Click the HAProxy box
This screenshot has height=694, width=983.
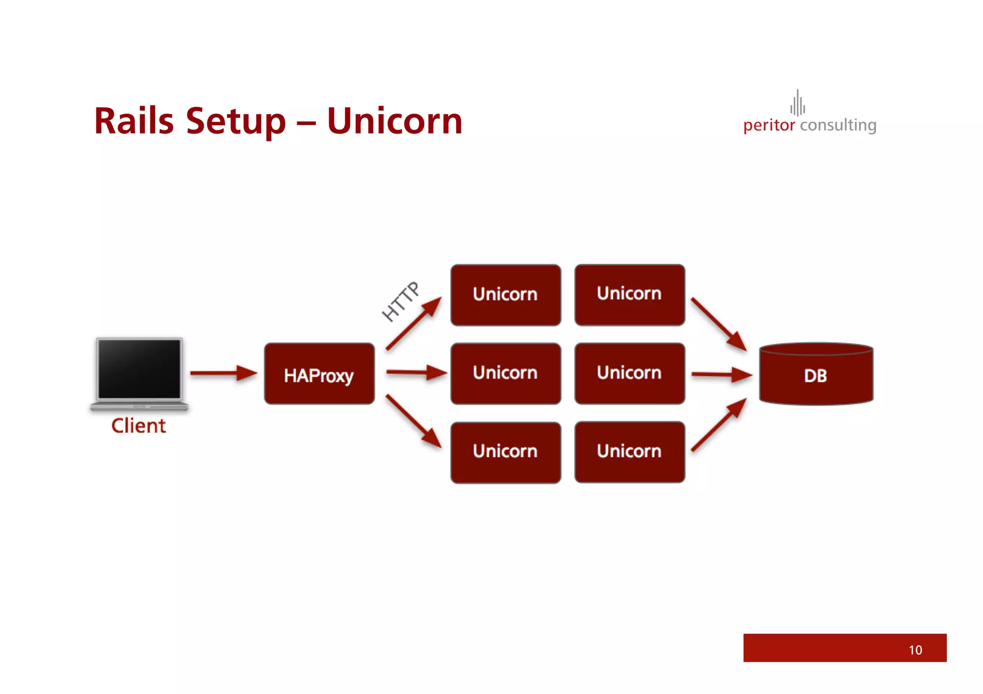tap(319, 374)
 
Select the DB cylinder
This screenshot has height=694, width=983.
tap(816, 375)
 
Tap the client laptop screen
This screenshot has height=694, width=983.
tap(139, 368)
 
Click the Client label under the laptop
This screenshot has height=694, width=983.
tap(139, 426)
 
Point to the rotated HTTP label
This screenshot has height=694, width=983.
tap(400, 301)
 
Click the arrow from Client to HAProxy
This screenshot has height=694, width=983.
tap(223, 373)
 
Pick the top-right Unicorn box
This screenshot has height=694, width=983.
tap(629, 294)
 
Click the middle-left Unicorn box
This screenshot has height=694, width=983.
tap(505, 374)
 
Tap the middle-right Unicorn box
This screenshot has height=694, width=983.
tap(629, 374)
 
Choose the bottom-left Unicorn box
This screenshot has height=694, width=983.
tap(505, 452)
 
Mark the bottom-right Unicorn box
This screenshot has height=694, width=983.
tap(629, 452)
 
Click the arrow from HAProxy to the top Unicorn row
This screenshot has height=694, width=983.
tap(413, 324)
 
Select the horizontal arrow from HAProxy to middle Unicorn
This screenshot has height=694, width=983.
tap(416, 372)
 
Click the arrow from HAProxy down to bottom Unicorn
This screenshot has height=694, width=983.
tap(414, 422)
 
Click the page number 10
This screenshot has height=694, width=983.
tap(915, 650)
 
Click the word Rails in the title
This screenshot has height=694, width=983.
tap(134, 121)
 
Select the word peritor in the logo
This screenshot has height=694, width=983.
tap(769, 126)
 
